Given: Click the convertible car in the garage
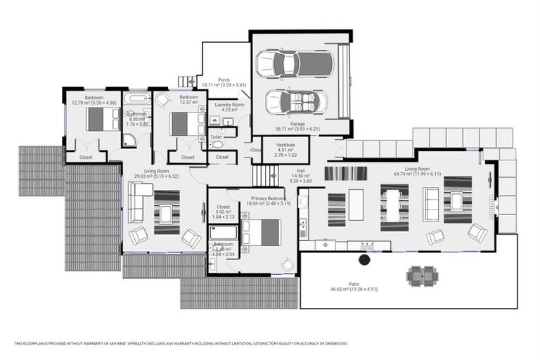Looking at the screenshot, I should pos(296,103).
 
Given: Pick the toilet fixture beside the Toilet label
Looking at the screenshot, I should pos(217,144).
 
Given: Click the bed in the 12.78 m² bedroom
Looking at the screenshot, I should pos(103,120).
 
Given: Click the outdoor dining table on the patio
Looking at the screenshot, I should pos(422,274).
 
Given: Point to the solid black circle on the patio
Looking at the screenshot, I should pos(364,259).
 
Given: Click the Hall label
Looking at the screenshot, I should pos(300,170).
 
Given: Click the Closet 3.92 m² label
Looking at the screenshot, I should pos(224,209).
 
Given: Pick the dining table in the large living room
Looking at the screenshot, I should pos(394,207).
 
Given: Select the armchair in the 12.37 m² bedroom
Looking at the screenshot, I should pos(164,101).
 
